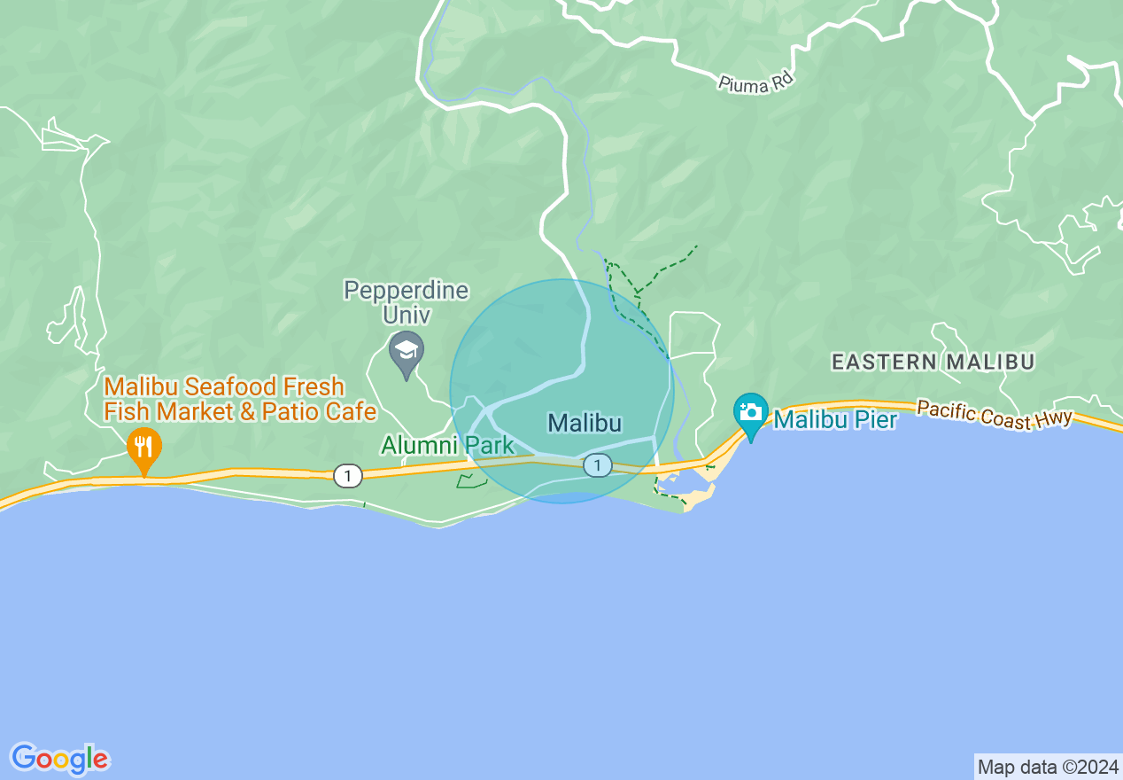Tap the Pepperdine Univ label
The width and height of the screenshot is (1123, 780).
point(407,302)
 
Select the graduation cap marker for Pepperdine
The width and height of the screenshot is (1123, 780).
point(407,350)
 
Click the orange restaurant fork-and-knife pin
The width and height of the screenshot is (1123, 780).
point(143,446)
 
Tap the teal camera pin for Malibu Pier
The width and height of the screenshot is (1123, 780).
point(751,412)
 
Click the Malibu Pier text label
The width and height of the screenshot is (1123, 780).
point(835,419)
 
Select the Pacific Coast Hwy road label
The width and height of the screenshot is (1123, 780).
point(995,415)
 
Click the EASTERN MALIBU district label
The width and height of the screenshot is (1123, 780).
point(933,362)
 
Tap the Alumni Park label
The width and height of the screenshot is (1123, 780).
point(447,445)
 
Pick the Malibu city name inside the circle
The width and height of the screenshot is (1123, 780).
point(585,423)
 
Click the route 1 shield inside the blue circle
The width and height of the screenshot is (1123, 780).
point(598,464)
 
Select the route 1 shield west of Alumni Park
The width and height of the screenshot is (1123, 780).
point(347,476)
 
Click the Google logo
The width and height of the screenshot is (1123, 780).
point(60,759)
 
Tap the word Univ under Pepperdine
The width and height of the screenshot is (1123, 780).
point(407,315)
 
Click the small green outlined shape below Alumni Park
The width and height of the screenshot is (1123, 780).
point(471,481)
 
